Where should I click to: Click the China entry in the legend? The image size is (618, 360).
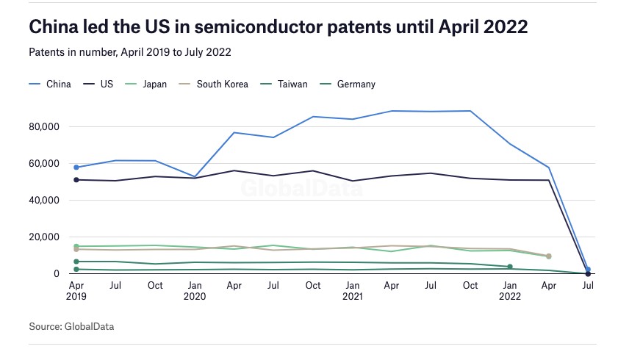(58, 84)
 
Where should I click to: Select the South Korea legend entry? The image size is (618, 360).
(222, 84)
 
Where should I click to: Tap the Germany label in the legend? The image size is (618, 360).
(356, 84)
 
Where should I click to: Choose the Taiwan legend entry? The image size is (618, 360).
(292, 84)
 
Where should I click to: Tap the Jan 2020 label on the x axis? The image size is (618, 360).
(194, 290)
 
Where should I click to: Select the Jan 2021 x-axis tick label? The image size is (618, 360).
(353, 290)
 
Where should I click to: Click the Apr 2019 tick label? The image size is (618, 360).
(76, 290)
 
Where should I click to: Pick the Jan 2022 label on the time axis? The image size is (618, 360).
(509, 290)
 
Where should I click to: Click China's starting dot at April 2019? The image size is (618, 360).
(76, 168)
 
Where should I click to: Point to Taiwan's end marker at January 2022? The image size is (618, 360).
(510, 267)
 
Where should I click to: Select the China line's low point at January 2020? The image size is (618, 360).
(195, 176)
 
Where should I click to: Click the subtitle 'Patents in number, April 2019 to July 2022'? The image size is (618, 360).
(131, 52)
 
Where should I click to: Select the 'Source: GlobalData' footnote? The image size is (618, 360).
(72, 325)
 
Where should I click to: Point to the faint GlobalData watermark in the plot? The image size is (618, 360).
(302, 188)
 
